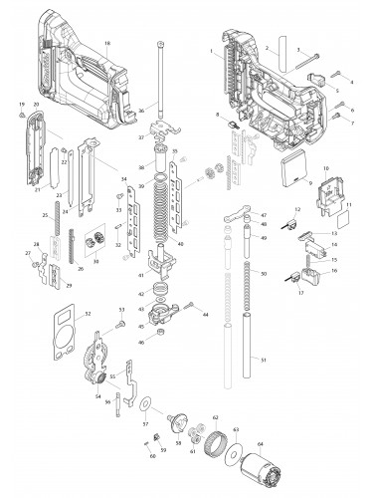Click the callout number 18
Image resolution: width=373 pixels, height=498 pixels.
(107, 44)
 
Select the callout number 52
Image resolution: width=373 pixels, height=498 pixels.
(89, 315)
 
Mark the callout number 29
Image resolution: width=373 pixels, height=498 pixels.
(70, 285)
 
